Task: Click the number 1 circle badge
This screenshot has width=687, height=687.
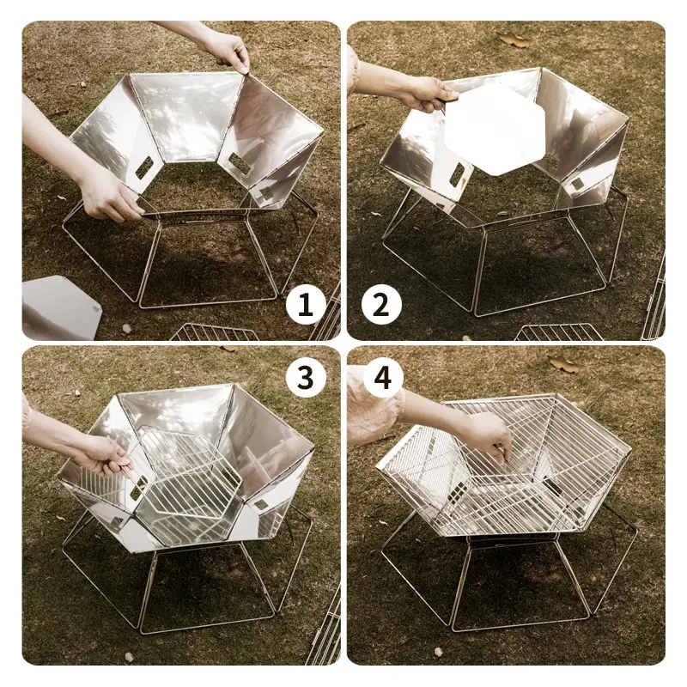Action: pos(306,305)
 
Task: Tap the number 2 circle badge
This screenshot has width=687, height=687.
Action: pos(381,305)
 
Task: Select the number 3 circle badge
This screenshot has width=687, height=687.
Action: pos(306,377)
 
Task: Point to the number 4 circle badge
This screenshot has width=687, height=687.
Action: pos(382,377)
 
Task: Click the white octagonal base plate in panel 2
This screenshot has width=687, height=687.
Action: pos(495,127)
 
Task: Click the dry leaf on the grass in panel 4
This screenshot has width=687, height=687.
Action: pos(564,363)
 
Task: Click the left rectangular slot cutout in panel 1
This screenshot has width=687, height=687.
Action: pos(144,167)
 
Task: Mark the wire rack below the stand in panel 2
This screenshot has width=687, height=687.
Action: pos(553,332)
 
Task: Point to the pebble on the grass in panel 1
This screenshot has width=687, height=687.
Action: pos(126,328)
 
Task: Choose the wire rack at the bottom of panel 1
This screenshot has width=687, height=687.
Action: pos(215,332)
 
